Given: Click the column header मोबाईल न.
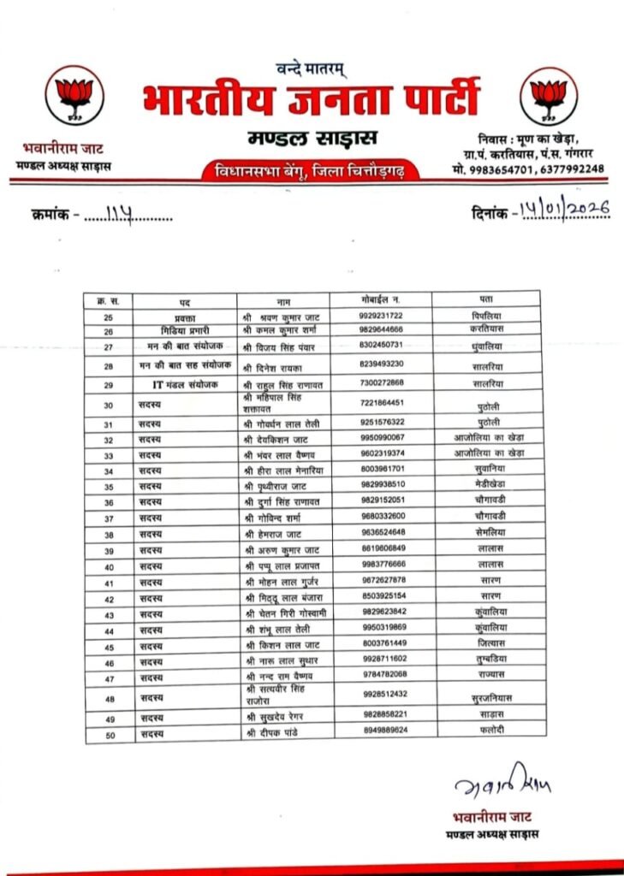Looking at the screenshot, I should [381, 300].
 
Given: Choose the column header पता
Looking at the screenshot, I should [485, 300].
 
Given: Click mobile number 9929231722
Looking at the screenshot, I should [381, 316].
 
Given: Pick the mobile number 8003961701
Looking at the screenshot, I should [382, 469].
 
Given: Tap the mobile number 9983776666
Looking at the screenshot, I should [382, 565].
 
